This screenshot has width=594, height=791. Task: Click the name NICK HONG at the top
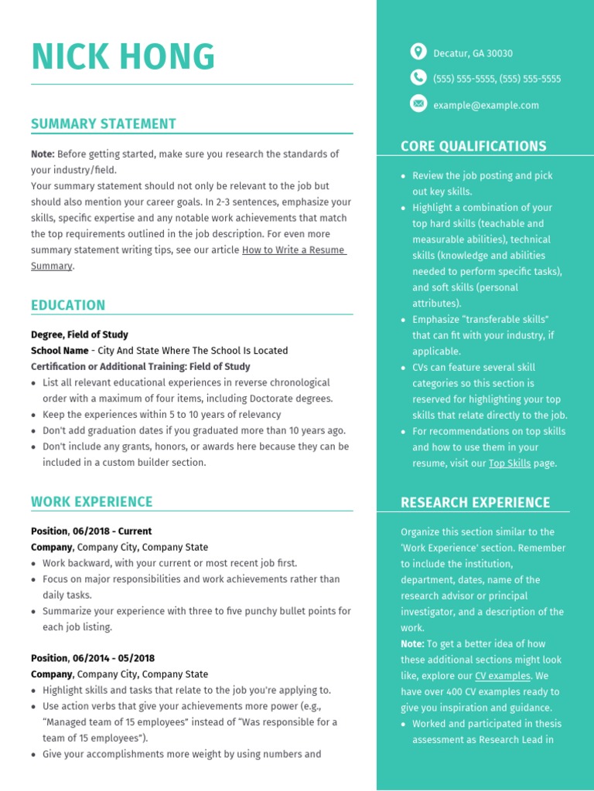pyautogui.click(x=123, y=57)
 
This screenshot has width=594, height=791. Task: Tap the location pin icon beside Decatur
pyautogui.click(x=418, y=52)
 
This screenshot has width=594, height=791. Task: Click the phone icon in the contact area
pyautogui.click(x=418, y=77)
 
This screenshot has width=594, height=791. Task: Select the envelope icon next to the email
pyautogui.click(x=418, y=104)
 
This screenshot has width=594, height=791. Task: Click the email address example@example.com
pyautogui.click(x=486, y=105)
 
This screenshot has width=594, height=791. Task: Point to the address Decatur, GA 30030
pyautogui.click(x=473, y=53)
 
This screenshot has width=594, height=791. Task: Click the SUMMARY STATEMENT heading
pyautogui.click(x=104, y=124)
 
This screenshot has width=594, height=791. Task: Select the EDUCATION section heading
pyautogui.click(x=68, y=305)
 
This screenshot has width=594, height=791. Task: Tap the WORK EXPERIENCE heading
pyautogui.click(x=92, y=501)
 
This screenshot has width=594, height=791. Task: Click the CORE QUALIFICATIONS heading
pyautogui.click(x=473, y=146)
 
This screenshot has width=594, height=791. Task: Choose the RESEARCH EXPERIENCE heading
pyautogui.click(x=475, y=503)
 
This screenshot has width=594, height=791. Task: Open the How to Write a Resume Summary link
pyautogui.click(x=293, y=250)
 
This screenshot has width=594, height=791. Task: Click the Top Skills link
pyautogui.click(x=509, y=463)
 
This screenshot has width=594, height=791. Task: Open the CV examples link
pyautogui.click(x=503, y=676)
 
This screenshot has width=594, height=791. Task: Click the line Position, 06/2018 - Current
pyautogui.click(x=91, y=531)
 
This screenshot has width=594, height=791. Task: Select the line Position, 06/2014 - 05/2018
pyautogui.click(x=93, y=658)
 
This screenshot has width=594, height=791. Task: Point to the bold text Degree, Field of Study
pyautogui.click(x=80, y=334)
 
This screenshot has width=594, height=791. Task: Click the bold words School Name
pyautogui.click(x=60, y=351)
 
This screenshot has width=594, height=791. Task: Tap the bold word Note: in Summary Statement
pyautogui.click(x=43, y=154)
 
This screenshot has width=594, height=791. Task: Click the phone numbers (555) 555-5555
pyautogui.click(x=497, y=79)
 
